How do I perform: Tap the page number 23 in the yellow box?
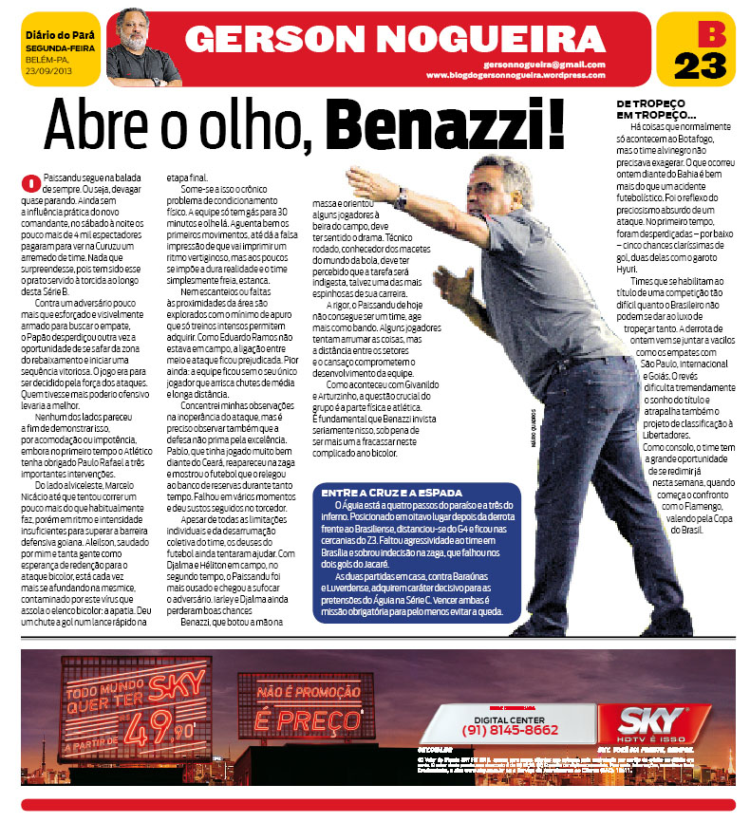coord(700,66)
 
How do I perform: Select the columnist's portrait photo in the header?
coord(143,47)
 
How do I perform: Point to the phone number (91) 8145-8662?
coord(510,730)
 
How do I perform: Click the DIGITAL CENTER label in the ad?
coord(510,716)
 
